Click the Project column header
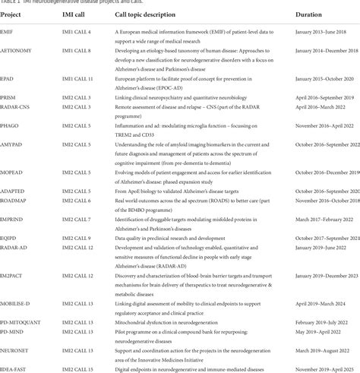[x=11, y=15]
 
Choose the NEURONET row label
[x=15, y=349]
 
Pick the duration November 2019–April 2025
[x=309, y=368]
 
